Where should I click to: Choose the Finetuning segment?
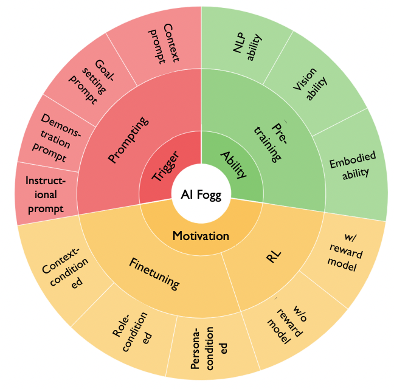pos(154,273)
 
